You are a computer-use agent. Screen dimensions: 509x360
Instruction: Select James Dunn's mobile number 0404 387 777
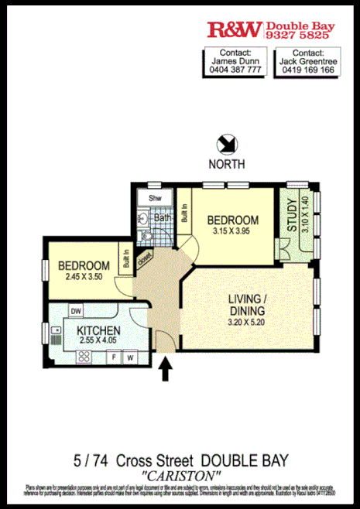point(235,69)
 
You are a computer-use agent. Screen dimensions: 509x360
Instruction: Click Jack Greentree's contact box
point(307,61)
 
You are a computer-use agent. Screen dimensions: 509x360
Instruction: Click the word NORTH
point(227,164)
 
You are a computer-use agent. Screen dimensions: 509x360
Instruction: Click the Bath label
point(163,218)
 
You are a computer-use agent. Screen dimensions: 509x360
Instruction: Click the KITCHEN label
point(99,330)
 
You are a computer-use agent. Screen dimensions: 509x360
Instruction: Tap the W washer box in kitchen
point(130,357)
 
